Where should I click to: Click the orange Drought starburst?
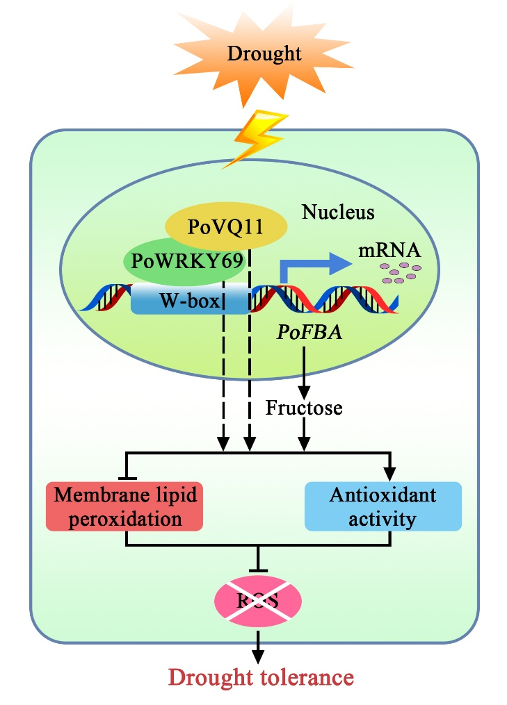point(253,53)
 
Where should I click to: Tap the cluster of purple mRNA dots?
point(402,272)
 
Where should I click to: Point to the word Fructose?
point(304,408)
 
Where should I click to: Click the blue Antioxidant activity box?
point(383,506)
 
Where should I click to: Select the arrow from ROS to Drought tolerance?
point(259,645)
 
